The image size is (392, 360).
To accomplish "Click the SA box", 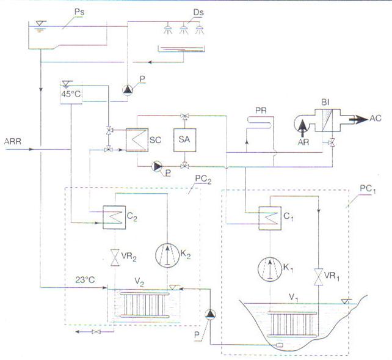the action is tap(185, 140).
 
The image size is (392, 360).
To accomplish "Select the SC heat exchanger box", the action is tap(137, 140).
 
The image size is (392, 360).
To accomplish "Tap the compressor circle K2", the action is tap(167, 255).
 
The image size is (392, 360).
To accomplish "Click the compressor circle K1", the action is tap(270, 269).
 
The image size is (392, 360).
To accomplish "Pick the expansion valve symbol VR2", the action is tap(115, 258).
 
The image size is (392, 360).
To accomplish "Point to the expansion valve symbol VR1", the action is tap(319, 277).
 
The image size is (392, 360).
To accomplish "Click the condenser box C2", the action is tap(114, 218).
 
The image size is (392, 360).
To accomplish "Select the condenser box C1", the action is tap(270, 218).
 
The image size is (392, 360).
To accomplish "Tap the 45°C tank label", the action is tap(71, 94).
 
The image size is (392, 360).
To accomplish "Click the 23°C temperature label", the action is tap(85, 280).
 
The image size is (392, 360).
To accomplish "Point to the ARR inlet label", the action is tap(13, 142).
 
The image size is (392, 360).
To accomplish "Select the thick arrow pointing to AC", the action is tap(358, 119).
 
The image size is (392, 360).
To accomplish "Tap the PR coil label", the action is tap(261, 111).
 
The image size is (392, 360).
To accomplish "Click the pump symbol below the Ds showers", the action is tap(128, 90).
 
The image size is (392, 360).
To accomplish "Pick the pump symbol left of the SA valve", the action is tap(157, 166).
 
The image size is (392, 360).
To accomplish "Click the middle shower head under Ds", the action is tap(184, 29).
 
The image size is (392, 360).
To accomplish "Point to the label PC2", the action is tap(203, 179).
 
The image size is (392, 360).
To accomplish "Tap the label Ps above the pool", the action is tap(79, 12).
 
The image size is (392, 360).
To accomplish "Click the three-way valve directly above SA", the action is tap(185, 116).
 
